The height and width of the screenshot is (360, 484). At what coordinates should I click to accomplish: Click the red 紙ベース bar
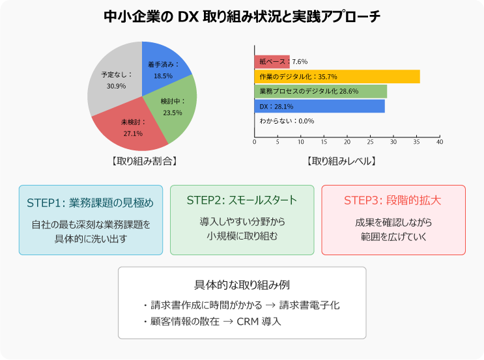tap(272, 62)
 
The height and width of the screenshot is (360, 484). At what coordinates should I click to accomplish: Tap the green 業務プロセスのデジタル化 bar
tap(320, 91)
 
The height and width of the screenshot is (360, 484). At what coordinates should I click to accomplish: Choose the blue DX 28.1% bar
tap(319, 106)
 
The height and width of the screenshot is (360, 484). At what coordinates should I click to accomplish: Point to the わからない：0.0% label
tap(287, 121)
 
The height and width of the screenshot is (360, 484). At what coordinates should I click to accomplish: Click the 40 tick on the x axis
tap(440, 142)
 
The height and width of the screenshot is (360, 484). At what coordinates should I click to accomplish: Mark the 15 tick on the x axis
tap(324, 142)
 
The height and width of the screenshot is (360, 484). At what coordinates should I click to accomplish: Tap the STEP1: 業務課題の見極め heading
tap(91, 202)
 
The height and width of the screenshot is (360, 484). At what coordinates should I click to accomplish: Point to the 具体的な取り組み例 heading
tap(242, 285)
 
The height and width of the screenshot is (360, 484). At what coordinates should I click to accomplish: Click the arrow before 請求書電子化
tap(268, 305)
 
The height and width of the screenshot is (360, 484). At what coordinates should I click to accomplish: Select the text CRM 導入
tap(258, 322)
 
